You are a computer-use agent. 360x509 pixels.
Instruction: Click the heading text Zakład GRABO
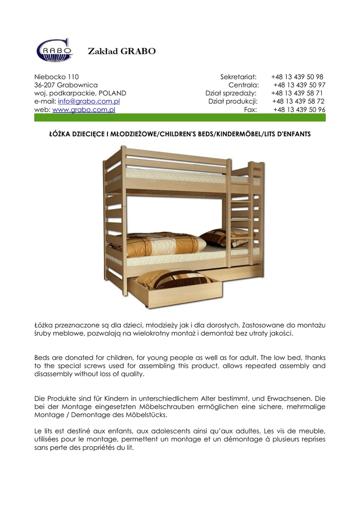pyautogui.click(x=121, y=51)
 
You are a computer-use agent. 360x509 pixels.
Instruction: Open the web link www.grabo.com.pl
pyautogui.click(x=84, y=109)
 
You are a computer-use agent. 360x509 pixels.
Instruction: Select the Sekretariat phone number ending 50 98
pyautogui.click(x=297, y=77)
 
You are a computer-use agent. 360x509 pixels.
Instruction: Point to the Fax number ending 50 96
pyautogui.click(x=299, y=109)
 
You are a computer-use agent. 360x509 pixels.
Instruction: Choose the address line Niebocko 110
pyautogui.click(x=56, y=77)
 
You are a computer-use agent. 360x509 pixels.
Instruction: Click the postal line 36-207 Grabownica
pyautogui.click(x=66, y=85)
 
